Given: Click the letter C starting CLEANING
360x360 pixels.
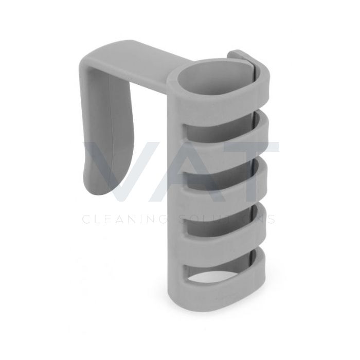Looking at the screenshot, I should [x=86, y=219].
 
